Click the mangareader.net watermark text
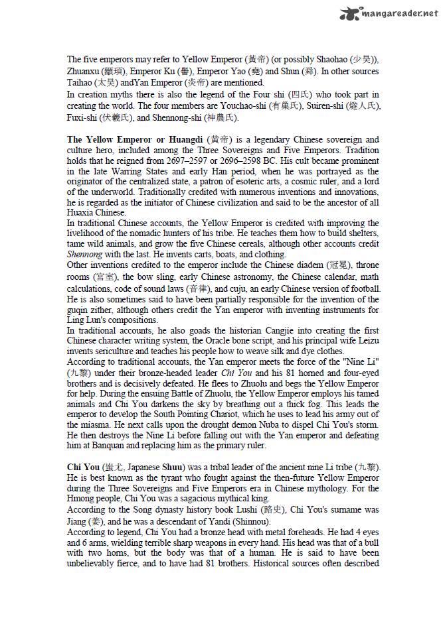399,12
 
